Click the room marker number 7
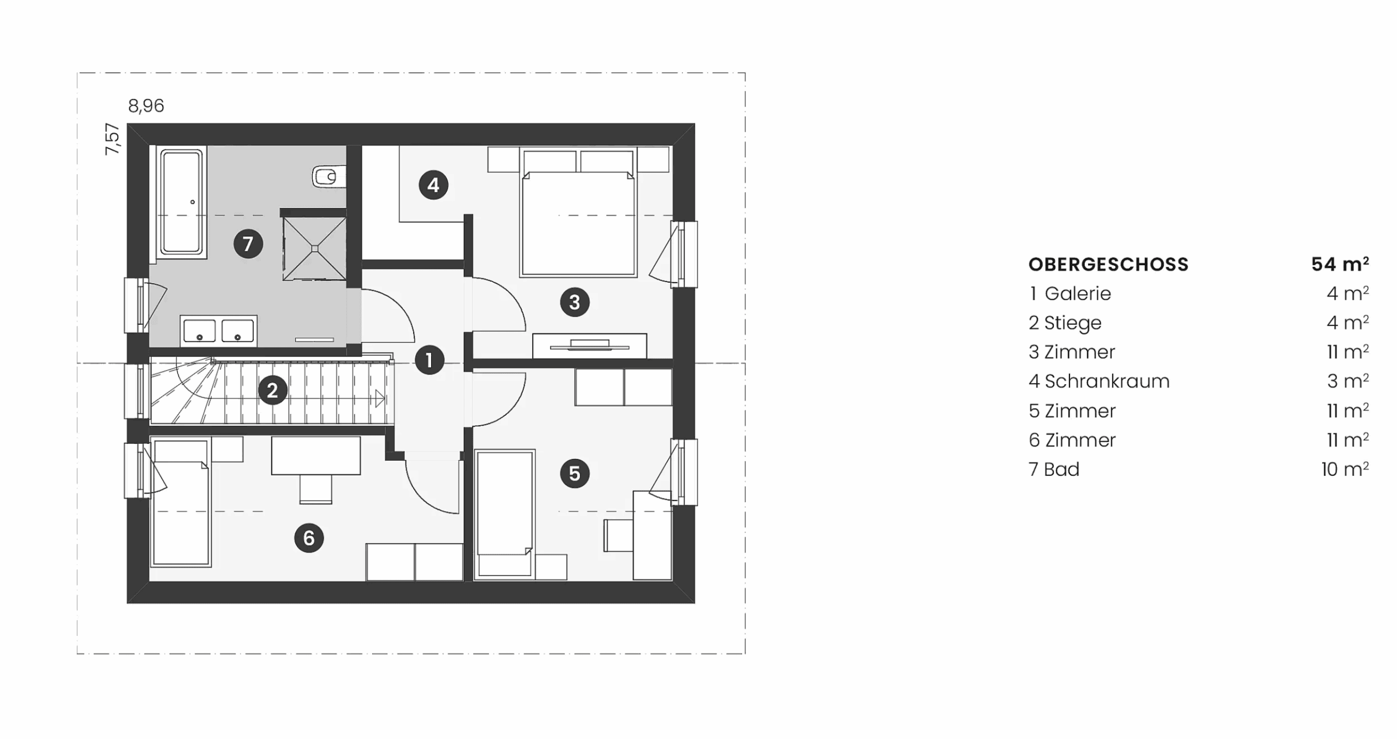click(x=248, y=243)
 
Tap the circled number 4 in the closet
click(x=433, y=185)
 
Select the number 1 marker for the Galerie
click(x=429, y=360)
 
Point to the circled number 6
click(x=309, y=538)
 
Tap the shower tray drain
click(x=315, y=249)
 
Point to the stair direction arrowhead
click(x=380, y=398)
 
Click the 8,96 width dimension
click(x=146, y=106)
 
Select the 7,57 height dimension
click(x=112, y=139)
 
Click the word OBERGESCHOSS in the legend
click(x=1108, y=265)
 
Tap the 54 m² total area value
click(x=1340, y=264)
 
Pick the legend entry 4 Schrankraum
click(x=1099, y=382)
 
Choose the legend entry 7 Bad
click(x=1054, y=469)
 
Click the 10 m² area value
click(x=1345, y=469)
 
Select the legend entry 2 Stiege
click(x=1065, y=323)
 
